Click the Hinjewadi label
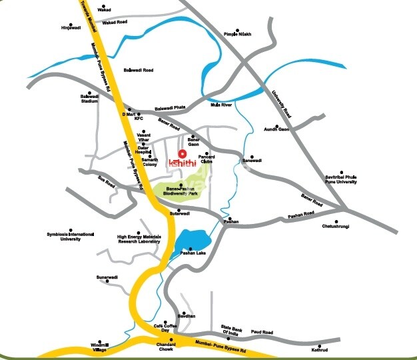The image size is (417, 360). tap(71, 28)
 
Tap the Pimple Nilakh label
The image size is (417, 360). tap(238, 34)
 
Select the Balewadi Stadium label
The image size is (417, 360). tap(89, 99)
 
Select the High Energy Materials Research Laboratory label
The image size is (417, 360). tap(139, 239)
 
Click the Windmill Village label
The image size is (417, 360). tap(99, 347)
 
